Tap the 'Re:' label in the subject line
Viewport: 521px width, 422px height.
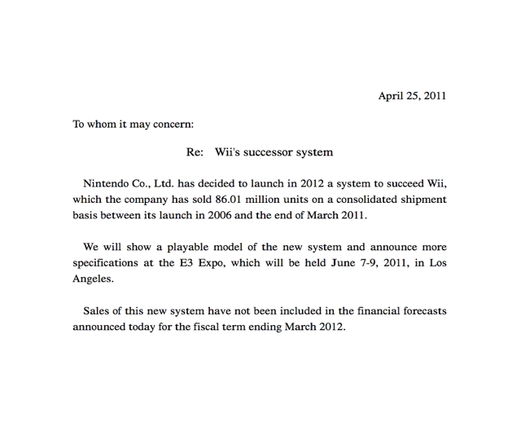click(196, 152)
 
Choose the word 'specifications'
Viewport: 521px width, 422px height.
click(107, 262)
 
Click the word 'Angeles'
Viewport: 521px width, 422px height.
click(92, 278)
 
